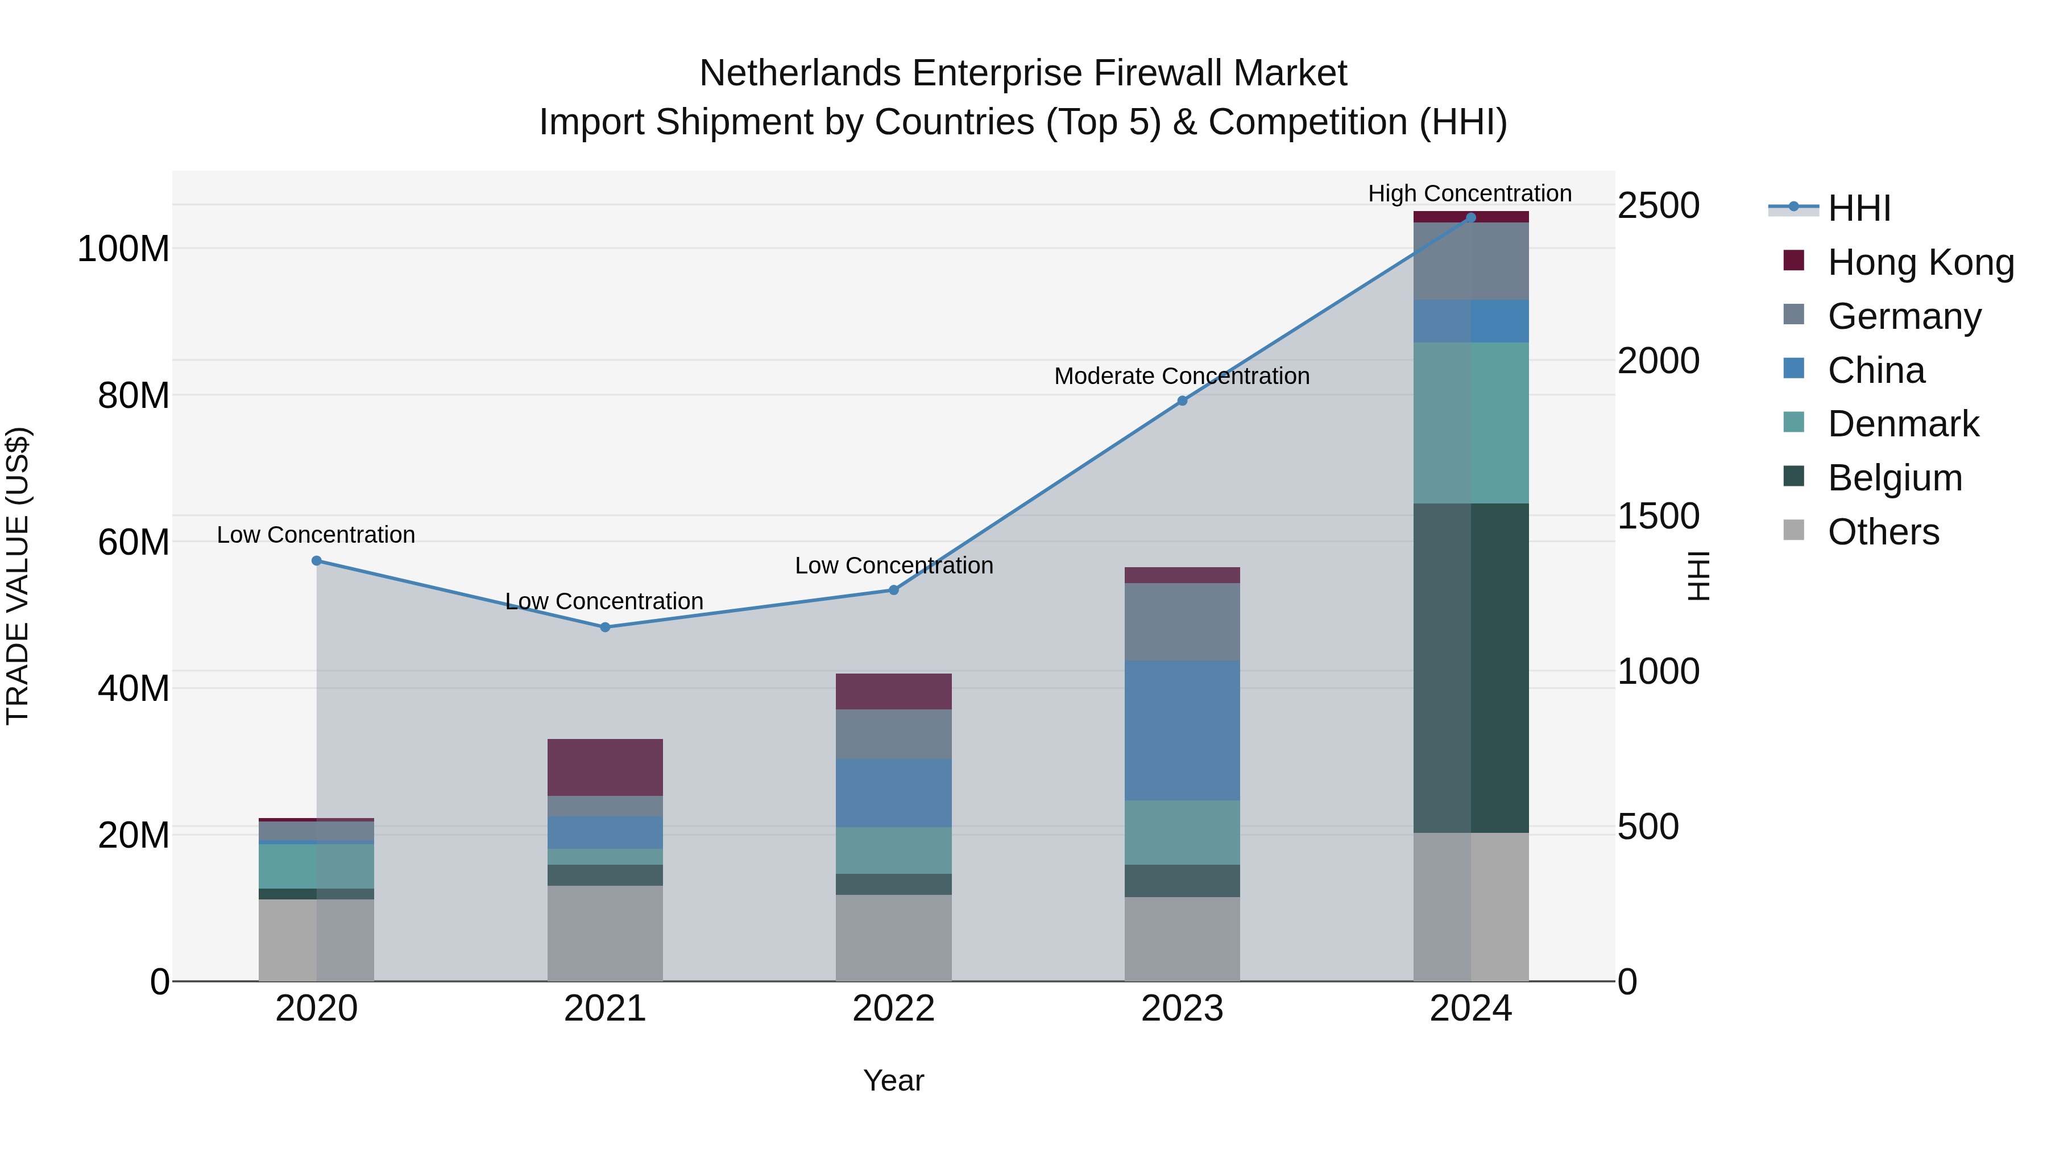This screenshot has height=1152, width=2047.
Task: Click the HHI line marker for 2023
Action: pos(1182,400)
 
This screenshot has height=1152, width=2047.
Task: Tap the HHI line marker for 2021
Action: pos(605,627)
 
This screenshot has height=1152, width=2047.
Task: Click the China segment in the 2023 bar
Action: pos(1182,730)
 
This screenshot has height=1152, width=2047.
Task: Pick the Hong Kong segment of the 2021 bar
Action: pos(605,767)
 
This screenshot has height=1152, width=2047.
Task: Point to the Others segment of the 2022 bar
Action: pos(893,938)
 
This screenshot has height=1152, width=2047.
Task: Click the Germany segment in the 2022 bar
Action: pos(893,734)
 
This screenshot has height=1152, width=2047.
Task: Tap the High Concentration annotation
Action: pos(1469,193)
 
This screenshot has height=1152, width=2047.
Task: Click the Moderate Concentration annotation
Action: pos(1182,376)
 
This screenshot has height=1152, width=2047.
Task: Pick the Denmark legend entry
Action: pos(1903,424)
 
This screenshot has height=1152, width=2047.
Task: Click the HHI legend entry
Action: pos(1859,208)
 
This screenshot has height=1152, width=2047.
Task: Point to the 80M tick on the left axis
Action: pos(134,395)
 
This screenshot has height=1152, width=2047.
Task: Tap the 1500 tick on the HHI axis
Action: pos(1659,516)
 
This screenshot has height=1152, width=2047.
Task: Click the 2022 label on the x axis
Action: pos(893,1009)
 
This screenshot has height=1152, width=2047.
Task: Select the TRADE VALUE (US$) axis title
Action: pos(18,576)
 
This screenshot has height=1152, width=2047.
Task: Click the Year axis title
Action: pos(893,1080)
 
